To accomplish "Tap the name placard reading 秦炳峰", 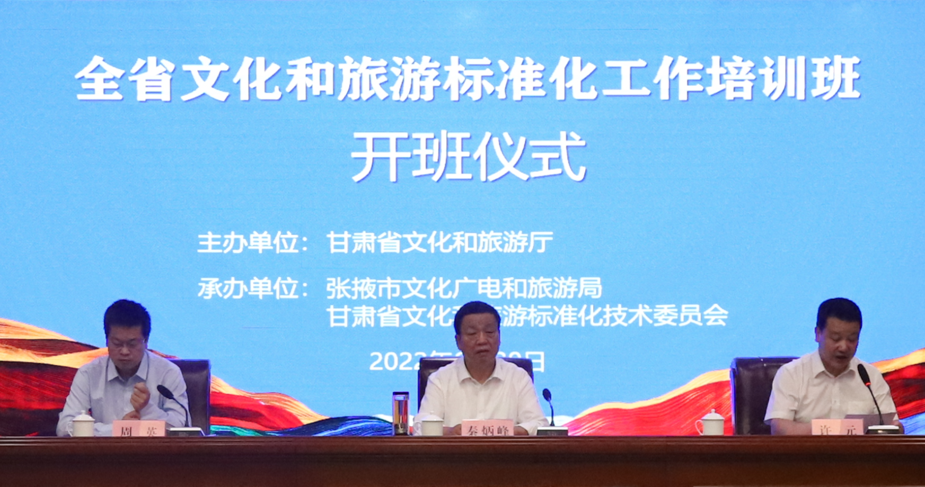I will pos(487,429).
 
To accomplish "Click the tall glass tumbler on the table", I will pos(400,413).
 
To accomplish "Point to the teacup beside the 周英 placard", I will pos(81,424).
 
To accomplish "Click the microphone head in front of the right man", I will pos(863,373).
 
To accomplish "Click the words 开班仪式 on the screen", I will pos(469,157).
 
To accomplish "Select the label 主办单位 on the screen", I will pos(249,243).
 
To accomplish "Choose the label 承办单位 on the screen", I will pos(249,289).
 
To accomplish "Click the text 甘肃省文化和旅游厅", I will pos(440,243).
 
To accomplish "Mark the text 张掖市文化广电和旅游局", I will pos(464,288).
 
